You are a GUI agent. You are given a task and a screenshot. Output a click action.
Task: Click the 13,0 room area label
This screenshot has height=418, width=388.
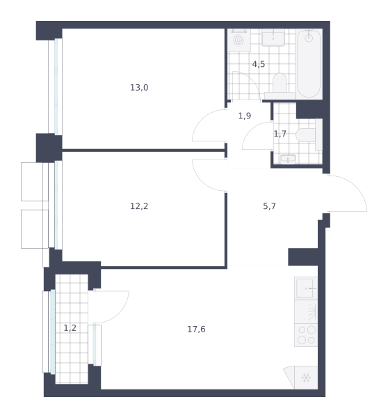(139, 88)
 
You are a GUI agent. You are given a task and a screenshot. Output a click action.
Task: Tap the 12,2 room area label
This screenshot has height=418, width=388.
(139, 206)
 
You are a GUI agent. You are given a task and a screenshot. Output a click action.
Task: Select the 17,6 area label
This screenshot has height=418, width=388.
(196, 330)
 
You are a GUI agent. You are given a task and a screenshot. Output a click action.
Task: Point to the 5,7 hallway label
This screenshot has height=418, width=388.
(269, 206)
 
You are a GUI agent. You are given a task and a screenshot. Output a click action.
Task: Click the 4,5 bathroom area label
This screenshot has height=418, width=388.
(259, 64)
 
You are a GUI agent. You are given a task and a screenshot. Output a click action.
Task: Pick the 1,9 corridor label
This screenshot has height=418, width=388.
(244, 116)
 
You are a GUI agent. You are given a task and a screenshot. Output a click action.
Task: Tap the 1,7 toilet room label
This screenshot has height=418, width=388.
(280, 134)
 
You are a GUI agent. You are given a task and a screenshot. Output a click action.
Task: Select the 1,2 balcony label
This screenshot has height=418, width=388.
(70, 328)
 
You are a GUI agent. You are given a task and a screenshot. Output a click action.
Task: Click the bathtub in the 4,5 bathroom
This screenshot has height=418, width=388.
(309, 63)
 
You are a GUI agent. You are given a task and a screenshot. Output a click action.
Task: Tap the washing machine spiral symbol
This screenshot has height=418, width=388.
(239, 40)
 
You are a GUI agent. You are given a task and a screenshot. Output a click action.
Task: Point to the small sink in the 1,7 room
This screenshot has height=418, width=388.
(288, 159)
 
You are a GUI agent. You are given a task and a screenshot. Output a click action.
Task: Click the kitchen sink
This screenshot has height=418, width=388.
(306, 288)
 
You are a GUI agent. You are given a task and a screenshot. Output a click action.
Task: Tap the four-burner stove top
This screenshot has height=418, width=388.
(306, 335)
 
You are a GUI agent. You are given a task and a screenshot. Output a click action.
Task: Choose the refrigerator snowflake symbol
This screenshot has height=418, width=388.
(306, 378)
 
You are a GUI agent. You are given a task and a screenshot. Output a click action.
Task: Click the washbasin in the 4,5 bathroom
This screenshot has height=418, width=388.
(273, 38)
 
